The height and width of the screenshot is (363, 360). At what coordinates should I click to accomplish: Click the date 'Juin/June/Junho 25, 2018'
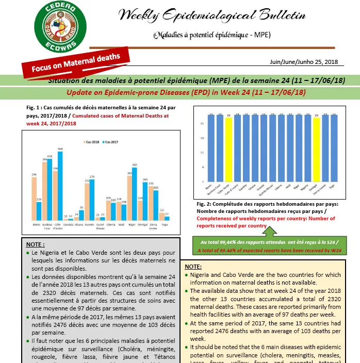tap(303, 62)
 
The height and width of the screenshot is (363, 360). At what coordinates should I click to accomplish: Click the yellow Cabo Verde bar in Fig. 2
tap(228, 149)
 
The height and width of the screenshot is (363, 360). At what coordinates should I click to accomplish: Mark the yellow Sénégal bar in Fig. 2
tap(317, 149)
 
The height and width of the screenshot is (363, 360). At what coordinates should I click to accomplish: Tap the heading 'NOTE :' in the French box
tap(35, 244)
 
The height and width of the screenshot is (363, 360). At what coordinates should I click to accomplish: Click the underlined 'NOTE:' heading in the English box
tap(193, 267)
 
